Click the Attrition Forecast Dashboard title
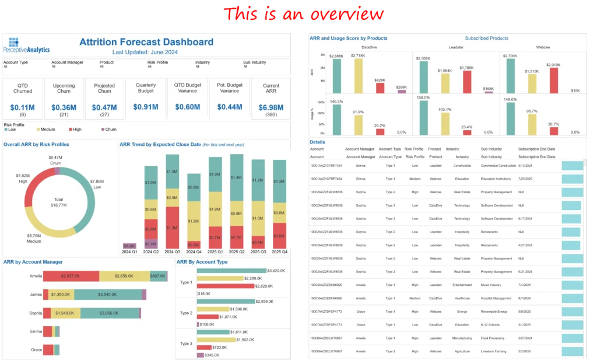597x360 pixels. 146,42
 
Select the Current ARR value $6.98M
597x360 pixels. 271,107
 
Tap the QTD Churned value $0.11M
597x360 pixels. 22,107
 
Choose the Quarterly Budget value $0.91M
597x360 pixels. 146,107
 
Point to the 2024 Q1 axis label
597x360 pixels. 129,252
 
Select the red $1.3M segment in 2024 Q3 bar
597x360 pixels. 172,228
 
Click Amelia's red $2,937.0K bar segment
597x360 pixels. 71,276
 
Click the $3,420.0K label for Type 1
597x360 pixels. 276,271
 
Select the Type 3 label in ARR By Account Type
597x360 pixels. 186,344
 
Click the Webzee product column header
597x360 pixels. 543,47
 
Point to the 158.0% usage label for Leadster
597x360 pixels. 423,97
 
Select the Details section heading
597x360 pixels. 317,142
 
